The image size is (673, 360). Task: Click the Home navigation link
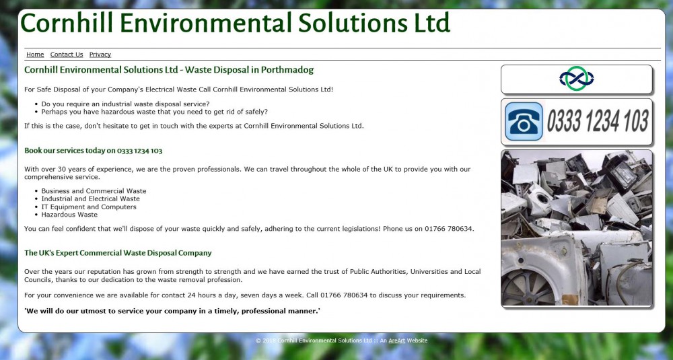tap(35, 55)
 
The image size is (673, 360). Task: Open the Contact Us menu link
tap(67, 55)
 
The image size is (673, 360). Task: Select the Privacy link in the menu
tap(100, 55)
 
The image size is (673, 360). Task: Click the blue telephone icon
tap(524, 121)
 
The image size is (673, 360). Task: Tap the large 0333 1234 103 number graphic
tap(598, 121)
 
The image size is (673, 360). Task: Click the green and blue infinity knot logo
tap(577, 79)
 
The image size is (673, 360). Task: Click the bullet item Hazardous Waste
tap(69, 215)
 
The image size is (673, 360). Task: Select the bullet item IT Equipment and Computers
tap(89, 207)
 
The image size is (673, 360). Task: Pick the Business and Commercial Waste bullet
tap(94, 191)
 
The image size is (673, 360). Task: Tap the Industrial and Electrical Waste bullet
tap(91, 199)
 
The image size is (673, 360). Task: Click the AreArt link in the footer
tap(396, 340)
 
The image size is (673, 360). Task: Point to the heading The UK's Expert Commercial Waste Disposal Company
tap(118, 253)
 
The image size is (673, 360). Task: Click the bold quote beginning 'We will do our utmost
tap(172, 311)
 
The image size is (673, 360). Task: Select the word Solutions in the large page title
tap(353, 23)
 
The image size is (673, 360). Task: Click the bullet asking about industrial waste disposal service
tap(125, 104)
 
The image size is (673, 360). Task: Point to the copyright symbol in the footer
tap(258, 340)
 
